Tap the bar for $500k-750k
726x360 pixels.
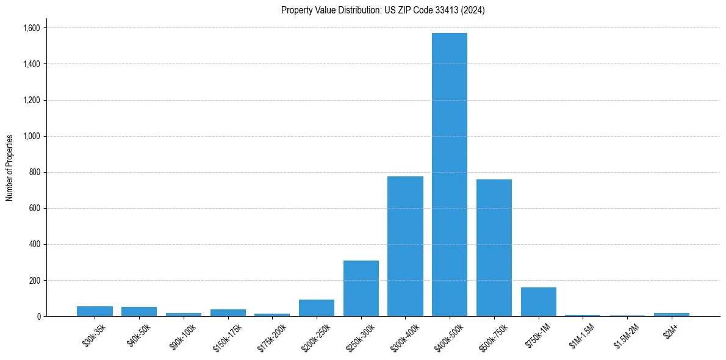494,248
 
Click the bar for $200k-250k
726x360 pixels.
317,308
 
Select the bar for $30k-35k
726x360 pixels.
95,311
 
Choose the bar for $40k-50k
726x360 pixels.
139,311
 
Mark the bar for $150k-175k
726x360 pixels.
228,312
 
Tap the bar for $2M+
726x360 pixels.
672,314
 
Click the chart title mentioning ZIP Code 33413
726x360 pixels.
383,10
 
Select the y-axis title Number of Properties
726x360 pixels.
10,167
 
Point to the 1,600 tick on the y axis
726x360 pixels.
32,28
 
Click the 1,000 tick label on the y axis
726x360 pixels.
32,136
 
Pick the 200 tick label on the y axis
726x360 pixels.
35,281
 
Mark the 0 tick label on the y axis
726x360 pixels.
38,317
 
